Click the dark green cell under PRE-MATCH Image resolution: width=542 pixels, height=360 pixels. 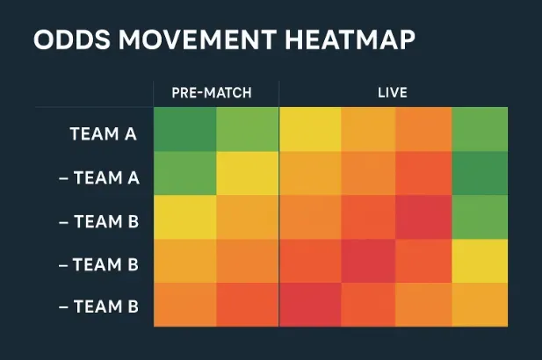[x=184, y=129]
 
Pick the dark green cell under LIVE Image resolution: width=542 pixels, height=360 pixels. [x=480, y=172]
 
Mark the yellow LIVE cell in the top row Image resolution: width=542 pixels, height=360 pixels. [x=310, y=129]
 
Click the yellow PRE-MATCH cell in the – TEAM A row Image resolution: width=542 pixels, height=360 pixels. [x=248, y=172]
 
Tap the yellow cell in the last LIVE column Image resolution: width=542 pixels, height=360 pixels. [x=480, y=260]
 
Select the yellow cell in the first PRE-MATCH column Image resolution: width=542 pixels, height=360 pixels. [x=184, y=216]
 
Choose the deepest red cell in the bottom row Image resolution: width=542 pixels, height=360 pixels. [x=310, y=304]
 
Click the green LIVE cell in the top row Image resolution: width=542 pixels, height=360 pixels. [x=480, y=129]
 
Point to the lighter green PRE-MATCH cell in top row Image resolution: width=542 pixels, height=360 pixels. [x=248, y=129]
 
